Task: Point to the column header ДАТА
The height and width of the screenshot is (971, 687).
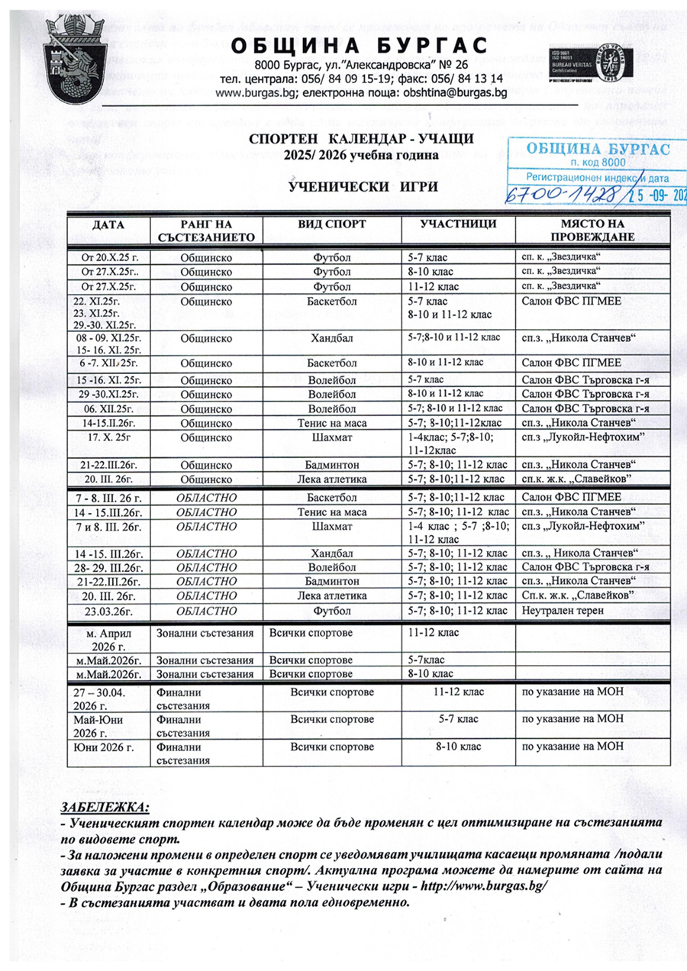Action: point(110,225)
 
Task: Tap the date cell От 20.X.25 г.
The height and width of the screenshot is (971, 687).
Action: point(110,257)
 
